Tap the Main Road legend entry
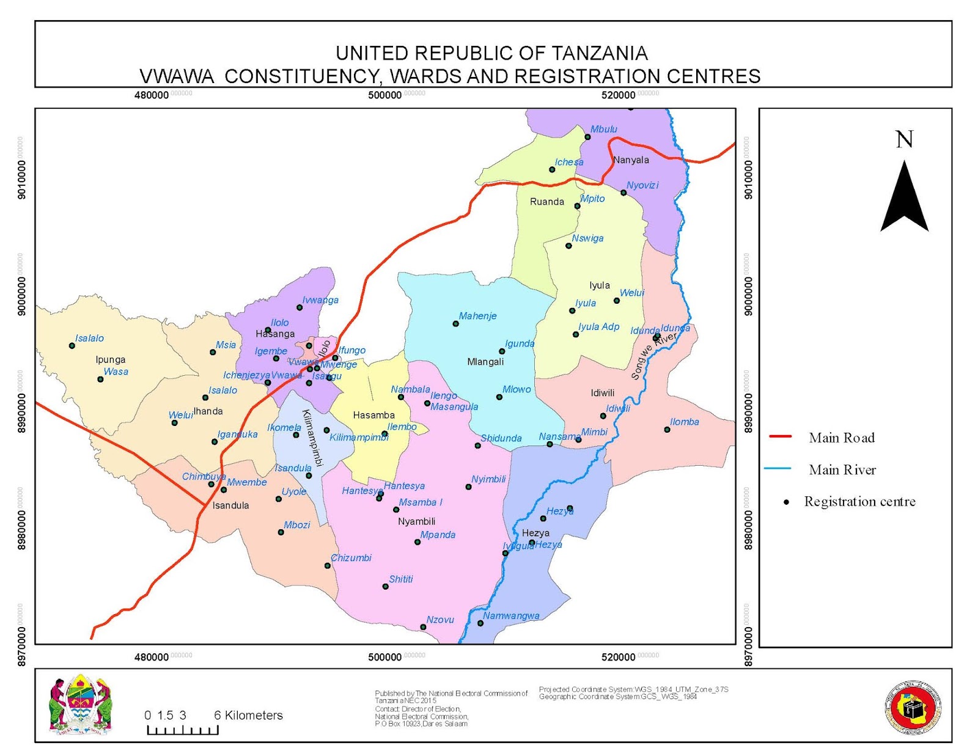pyautogui.click(x=841, y=438)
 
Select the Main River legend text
pyautogui.click(x=842, y=469)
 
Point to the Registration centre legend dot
pyautogui.click(x=787, y=502)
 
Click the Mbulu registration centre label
pyautogui.click(x=603, y=129)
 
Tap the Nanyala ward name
pyautogui.click(x=631, y=160)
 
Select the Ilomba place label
pyautogui.click(x=684, y=422)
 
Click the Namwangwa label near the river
pyautogui.click(x=511, y=615)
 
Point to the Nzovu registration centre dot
pyautogui.click(x=423, y=627)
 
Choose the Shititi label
pyautogui.click(x=401, y=579)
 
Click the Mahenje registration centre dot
pyautogui.click(x=455, y=323)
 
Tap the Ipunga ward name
pyautogui.click(x=111, y=359)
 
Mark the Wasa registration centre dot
pyautogui.click(x=101, y=380)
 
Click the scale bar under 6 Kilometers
pyautogui.click(x=183, y=730)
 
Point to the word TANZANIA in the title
pyautogui.click(x=600, y=53)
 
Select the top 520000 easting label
pyautogui.click(x=618, y=95)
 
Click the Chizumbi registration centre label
pyautogui.click(x=351, y=557)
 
